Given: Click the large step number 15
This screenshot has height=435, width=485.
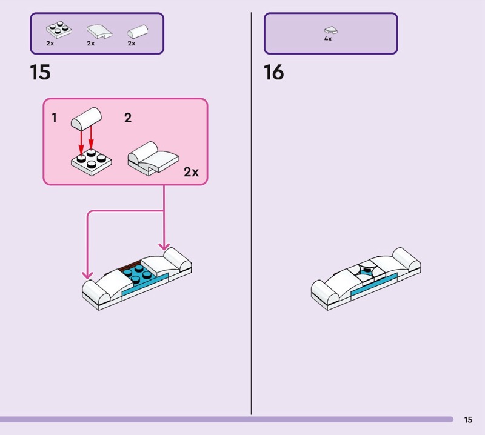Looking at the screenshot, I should point(40,73).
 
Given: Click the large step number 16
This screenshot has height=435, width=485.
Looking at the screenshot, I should point(273,73).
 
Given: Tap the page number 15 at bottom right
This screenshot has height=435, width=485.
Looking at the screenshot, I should point(468,420).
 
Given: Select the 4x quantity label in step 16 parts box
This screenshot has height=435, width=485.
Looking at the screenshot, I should point(328,38).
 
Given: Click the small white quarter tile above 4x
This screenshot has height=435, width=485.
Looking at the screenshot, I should point(330,29).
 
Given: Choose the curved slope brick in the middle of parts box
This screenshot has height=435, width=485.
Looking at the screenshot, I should point(98,30).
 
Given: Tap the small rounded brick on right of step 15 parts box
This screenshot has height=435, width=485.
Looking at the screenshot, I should point(138,30).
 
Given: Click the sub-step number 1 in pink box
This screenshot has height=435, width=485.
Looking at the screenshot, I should point(54,118).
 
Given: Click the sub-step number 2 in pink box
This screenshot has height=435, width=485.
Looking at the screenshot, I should point(127,118).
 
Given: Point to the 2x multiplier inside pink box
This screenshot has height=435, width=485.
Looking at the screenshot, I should point(191,172).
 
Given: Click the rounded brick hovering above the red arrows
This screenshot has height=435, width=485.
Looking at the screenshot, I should point(86,118).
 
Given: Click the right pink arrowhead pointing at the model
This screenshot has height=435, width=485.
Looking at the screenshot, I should point(164,245).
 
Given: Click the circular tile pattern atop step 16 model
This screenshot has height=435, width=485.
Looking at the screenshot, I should point(366,270).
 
